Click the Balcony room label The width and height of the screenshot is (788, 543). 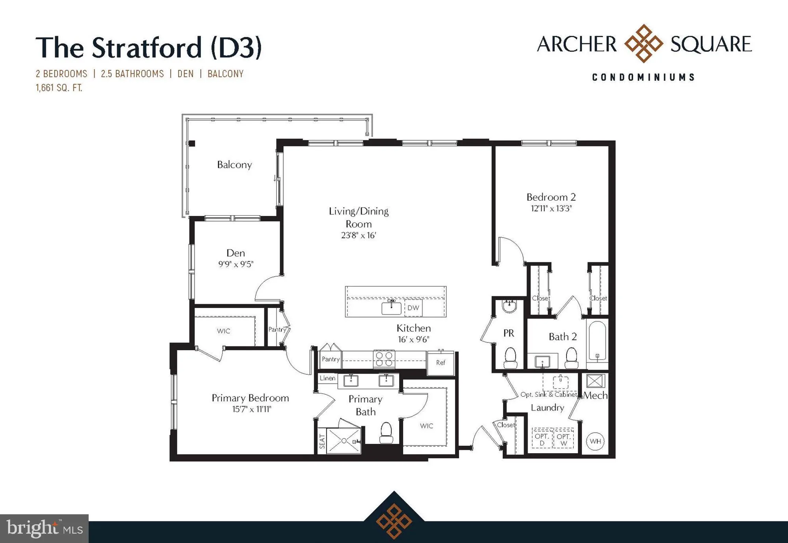pyautogui.click(x=234, y=164)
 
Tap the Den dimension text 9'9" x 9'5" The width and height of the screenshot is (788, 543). pyautogui.click(x=236, y=264)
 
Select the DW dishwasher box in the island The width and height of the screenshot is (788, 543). pyautogui.click(x=413, y=308)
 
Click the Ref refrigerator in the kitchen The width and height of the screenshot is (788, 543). pyautogui.click(x=440, y=362)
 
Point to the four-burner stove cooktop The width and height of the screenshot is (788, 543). pyautogui.click(x=384, y=359)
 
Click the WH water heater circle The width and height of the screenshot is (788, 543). pyautogui.click(x=595, y=441)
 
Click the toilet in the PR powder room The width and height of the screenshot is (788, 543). pyautogui.click(x=511, y=357)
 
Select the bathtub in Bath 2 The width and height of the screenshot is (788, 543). pyautogui.click(x=597, y=340)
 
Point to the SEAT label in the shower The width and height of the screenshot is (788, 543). pyautogui.click(x=322, y=441)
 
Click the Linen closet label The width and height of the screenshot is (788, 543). pyautogui.click(x=327, y=378)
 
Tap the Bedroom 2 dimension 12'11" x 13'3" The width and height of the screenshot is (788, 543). pyautogui.click(x=551, y=208)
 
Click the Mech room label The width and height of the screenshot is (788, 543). pyautogui.click(x=595, y=395)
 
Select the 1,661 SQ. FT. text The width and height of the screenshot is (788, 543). pyautogui.click(x=59, y=88)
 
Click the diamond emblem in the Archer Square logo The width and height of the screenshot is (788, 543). pyautogui.click(x=644, y=43)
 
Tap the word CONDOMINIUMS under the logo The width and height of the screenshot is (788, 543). pyautogui.click(x=644, y=77)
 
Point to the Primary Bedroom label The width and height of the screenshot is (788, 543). pyautogui.click(x=250, y=398)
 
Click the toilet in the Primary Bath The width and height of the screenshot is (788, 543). pyautogui.click(x=386, y=433)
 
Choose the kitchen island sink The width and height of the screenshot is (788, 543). pyautogui.click(x=391, y=308)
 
